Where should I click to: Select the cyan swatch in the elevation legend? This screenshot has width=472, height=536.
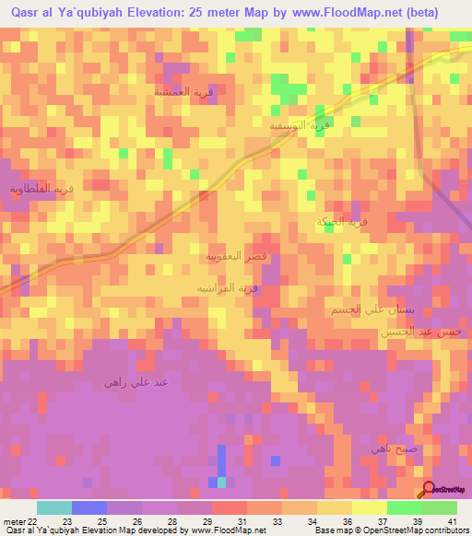pos(53,507)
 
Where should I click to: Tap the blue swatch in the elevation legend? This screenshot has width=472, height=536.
pos(88,507)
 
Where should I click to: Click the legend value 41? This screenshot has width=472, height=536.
pos(452,520)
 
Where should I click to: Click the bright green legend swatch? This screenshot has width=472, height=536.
pos(404,507)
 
